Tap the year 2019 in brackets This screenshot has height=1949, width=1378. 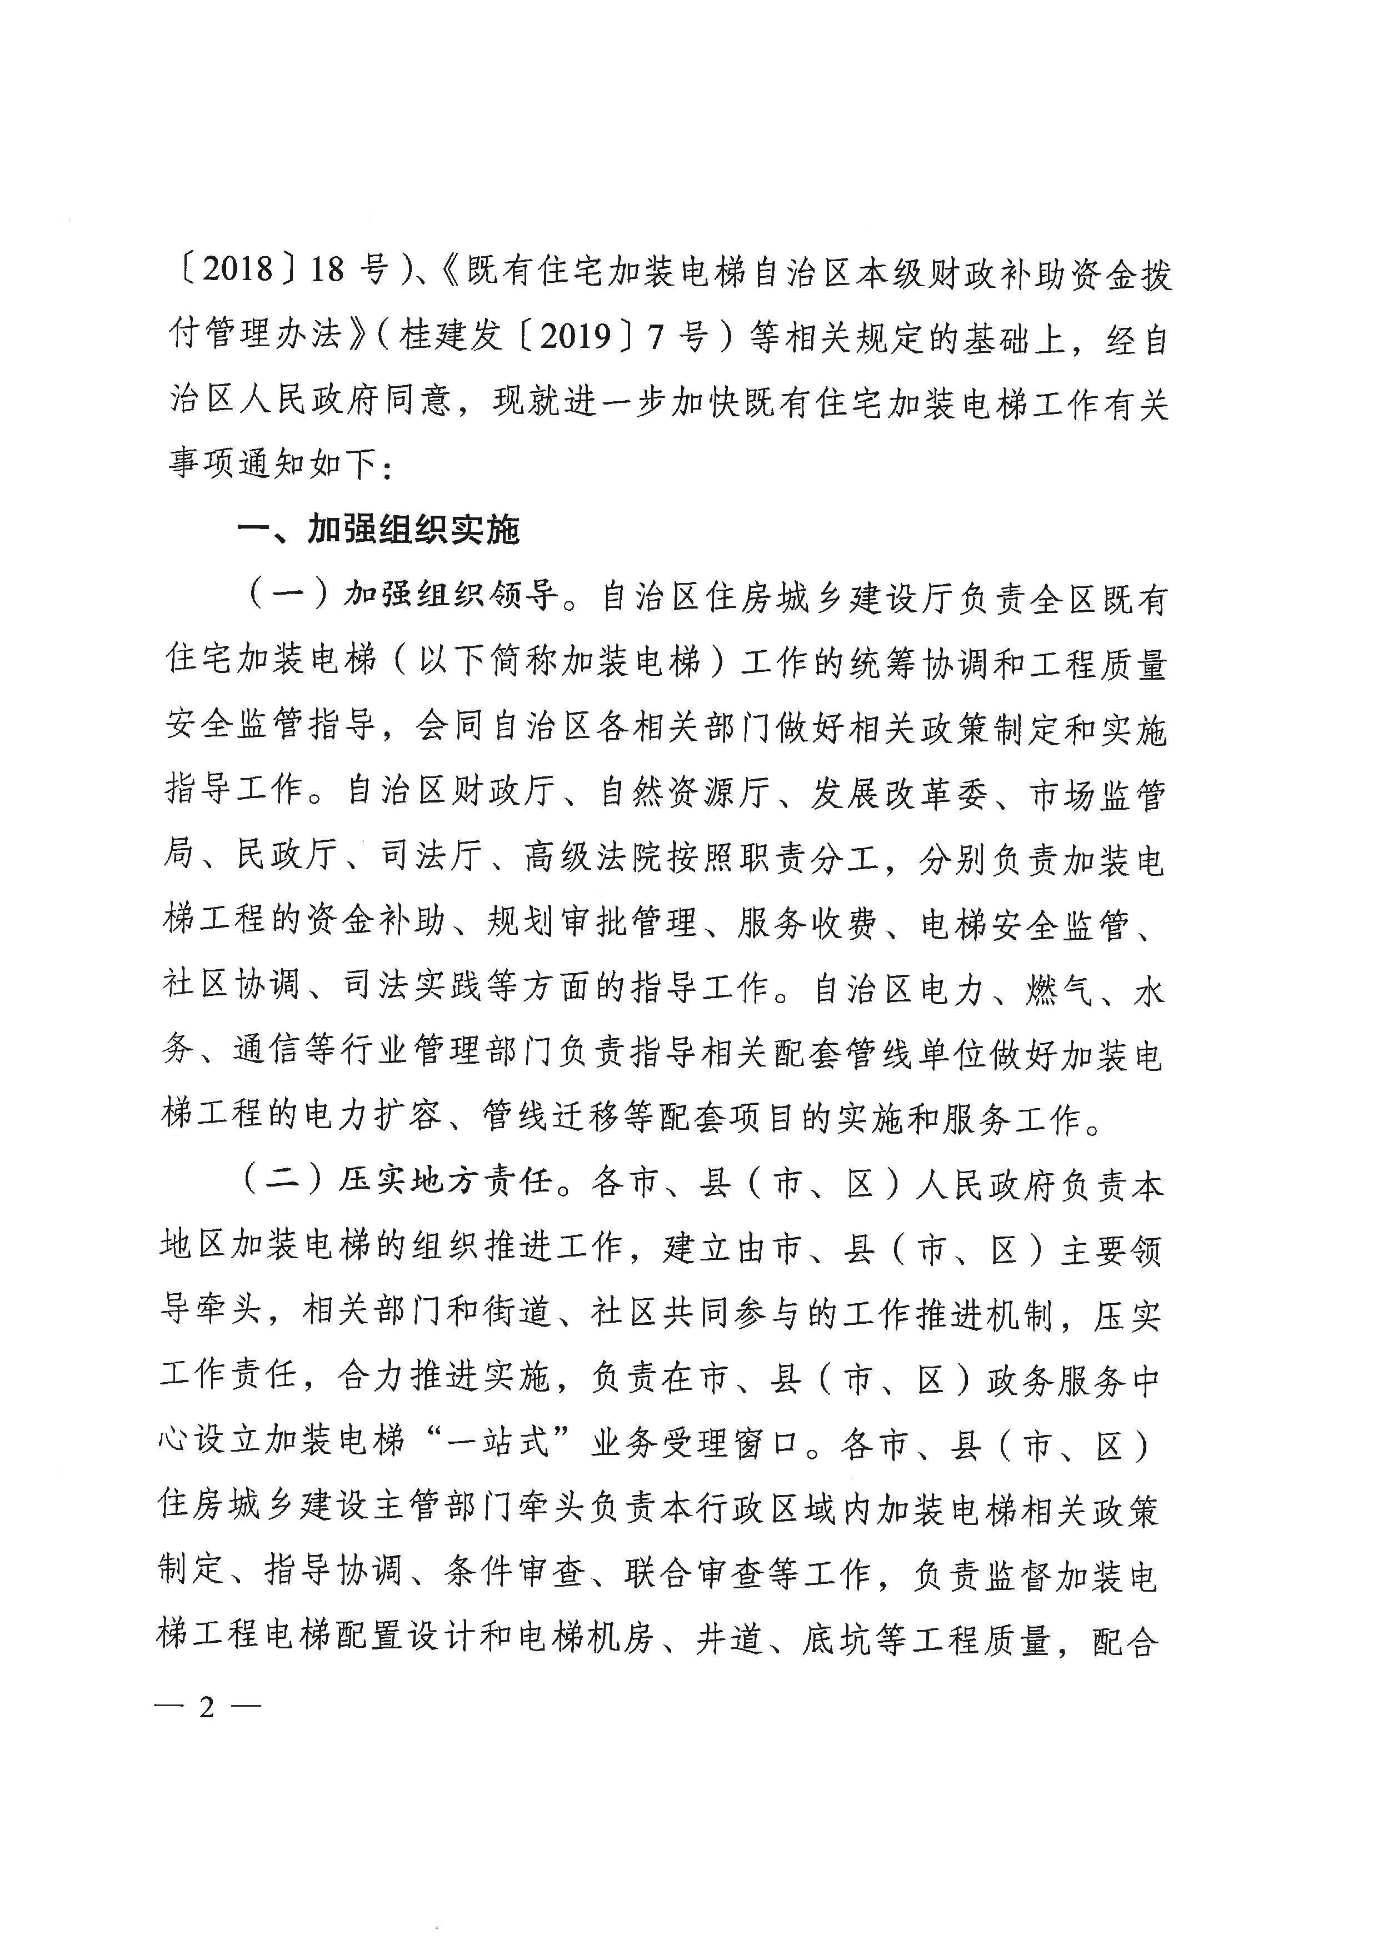[576, 337]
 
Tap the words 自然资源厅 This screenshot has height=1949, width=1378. [684, 791]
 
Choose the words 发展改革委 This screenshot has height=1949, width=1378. [900, 791]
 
